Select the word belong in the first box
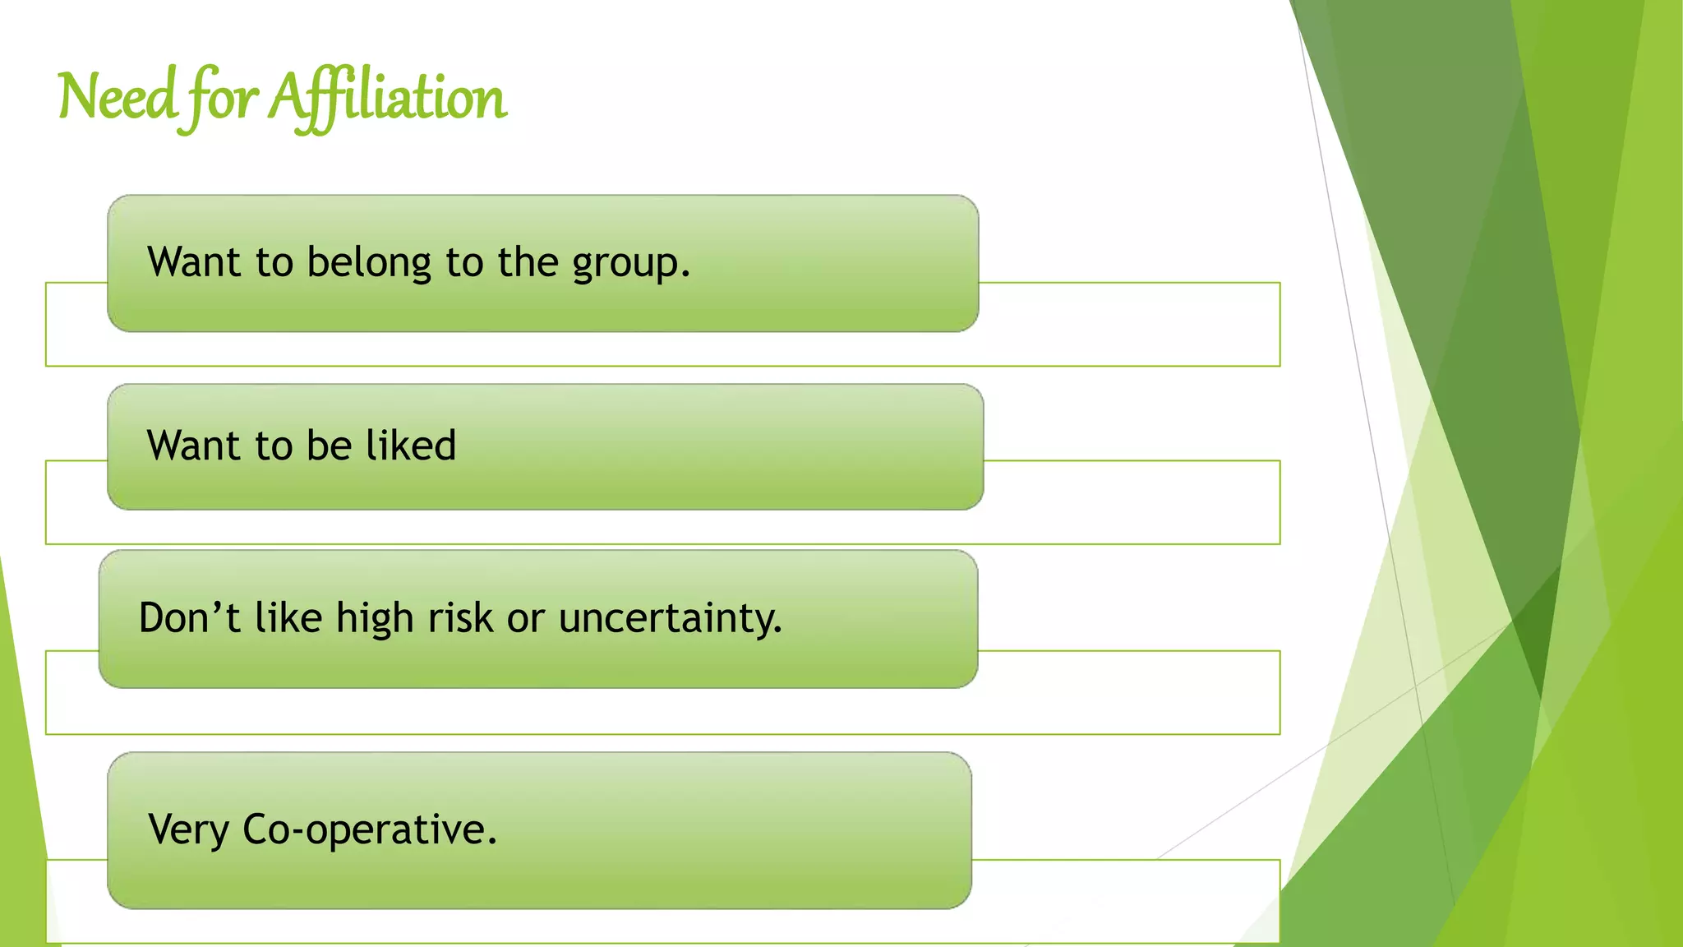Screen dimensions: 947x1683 [x=369, y=263]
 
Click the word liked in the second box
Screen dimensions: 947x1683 [x=411, y=446]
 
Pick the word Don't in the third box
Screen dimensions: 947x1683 [x=189, y=618]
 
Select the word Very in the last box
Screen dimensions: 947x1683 [x=188, y=829]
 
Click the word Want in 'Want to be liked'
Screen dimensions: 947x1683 [x=194, y=446]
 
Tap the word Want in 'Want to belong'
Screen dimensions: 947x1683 [x=194, y=263]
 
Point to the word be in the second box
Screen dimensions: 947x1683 [x=329, y=446]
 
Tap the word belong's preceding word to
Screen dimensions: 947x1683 [x=274, y=263]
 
